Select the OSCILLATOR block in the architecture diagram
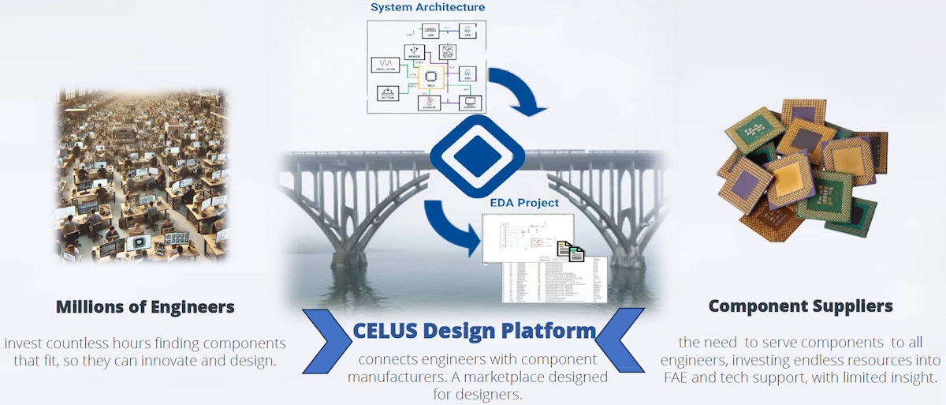point(387,65)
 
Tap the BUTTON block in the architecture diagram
point(387,96)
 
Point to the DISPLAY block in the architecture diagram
point(471,103)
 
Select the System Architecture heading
point(428,8)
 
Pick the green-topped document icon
point(577,253)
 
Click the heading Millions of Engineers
point(145,307)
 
